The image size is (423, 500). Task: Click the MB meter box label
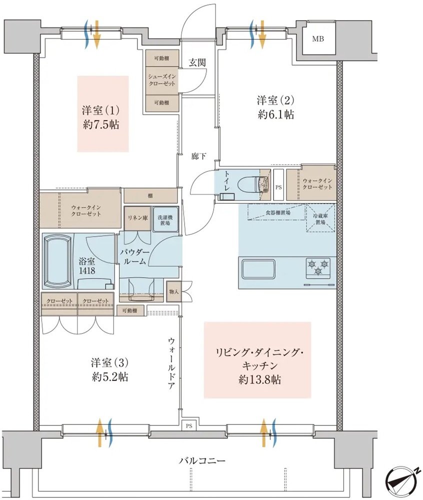point(317,39)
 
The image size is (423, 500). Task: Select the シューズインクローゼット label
point(161,80)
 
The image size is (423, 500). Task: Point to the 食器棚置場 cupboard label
point(277,212)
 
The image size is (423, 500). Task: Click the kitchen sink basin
point(257,270)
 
